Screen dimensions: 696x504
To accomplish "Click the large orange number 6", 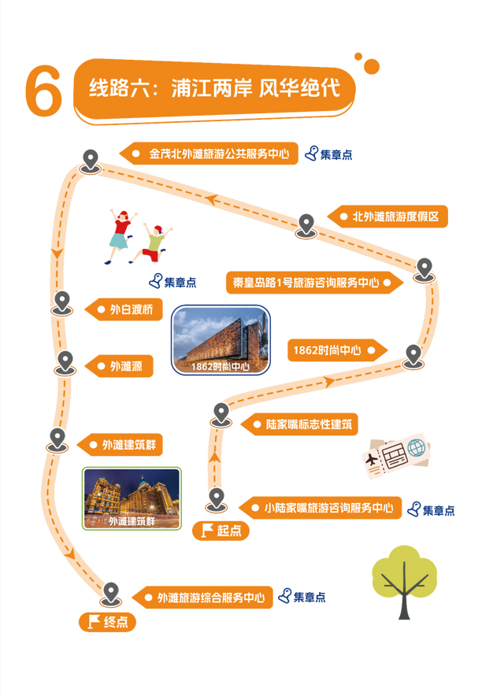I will coord(43,91).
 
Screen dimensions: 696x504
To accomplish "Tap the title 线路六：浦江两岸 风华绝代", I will coord(214,87).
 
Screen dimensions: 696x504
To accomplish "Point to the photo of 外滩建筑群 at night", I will coord(132,498).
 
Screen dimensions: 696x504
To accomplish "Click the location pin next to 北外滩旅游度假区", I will coord(306,224).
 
